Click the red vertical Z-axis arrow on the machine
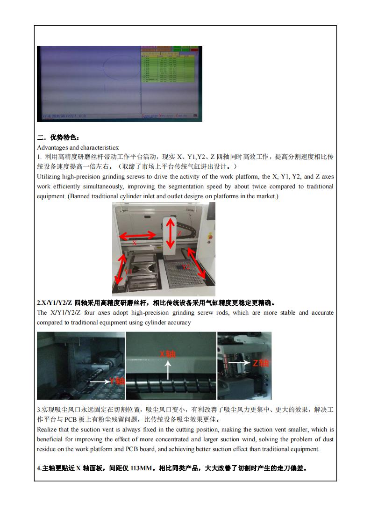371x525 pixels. pyautogui.click(x=171, y=232)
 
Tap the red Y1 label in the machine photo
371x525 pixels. pyautogui.click(x=127, y=271)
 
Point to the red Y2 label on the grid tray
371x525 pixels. pyautogui.click(x=186, y=267)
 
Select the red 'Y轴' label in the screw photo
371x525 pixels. pyautogui.click(x=117, y=381)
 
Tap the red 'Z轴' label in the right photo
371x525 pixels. pyautogui.click(x=260, y=362)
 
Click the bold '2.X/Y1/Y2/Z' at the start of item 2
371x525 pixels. pyautogui.click(x=55, y=302)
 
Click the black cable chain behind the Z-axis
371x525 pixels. pyautogui.click(x=187, y=229)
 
